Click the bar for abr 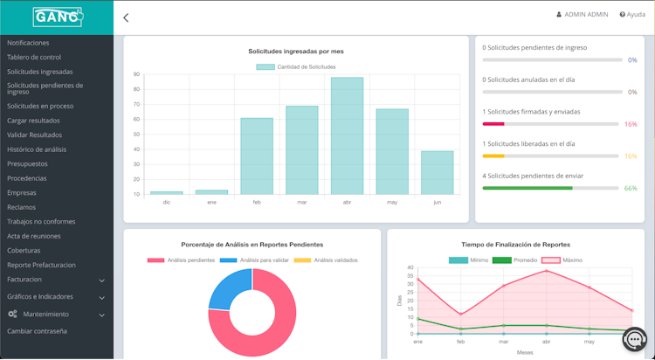347,135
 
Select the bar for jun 437,172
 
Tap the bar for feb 257,156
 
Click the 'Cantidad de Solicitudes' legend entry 296,66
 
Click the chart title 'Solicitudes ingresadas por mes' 295,52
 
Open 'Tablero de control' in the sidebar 34,57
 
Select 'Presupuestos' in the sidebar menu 27,163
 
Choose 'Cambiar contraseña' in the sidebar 37,331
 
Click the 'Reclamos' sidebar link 22,206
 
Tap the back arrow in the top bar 126,17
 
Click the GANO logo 57,16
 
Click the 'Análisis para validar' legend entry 259,260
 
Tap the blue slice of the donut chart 230,288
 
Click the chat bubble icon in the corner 635,338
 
